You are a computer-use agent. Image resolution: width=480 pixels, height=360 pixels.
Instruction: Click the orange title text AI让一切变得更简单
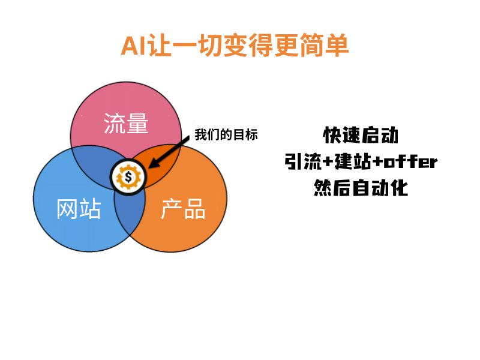[x=235, y=46]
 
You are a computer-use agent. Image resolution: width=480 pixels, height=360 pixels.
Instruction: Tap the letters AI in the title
[x=133, y=46]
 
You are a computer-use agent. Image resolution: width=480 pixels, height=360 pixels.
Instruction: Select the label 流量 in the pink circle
[x=126, y=123]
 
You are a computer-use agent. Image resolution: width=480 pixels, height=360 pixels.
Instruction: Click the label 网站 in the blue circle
[x=79, y=208]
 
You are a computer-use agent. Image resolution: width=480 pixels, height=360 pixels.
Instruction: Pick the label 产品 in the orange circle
[x=183, y=208]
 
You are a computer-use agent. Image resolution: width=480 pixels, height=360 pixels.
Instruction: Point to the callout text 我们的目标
[x=226, y=134]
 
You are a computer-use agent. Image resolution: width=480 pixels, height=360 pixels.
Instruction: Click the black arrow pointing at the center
[x=169, y=152]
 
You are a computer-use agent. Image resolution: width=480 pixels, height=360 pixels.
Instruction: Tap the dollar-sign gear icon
[x=128, y=177]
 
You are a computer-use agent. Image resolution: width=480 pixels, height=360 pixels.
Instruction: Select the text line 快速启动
[x=361, y=135]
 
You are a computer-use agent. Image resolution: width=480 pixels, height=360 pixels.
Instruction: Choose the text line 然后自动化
[x=361, y=187]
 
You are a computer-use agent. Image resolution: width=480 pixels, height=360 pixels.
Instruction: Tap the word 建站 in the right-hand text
[x=353, y=161]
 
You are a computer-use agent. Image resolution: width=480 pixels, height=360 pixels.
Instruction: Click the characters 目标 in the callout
[x=245, y=134]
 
